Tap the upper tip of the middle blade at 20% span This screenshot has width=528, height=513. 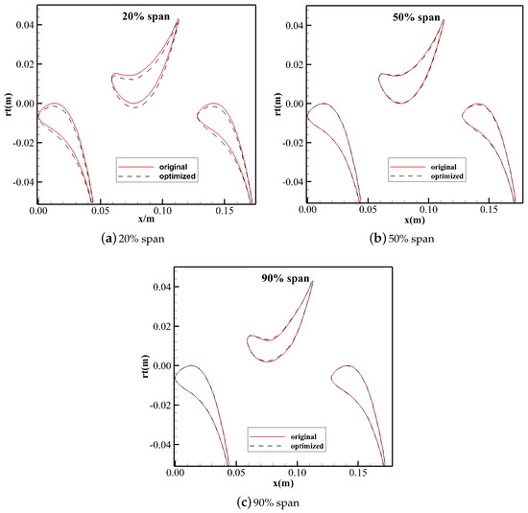178,20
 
